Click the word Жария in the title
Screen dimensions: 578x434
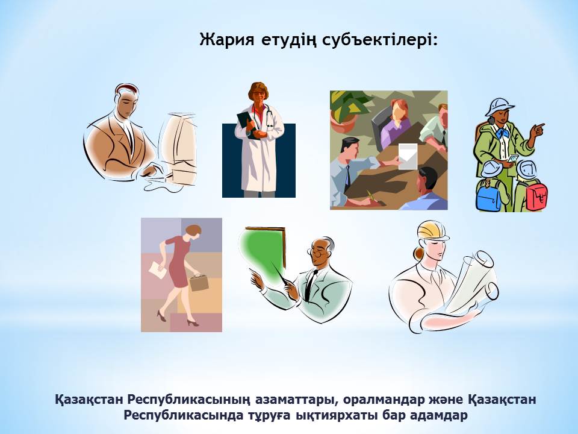point(227,39)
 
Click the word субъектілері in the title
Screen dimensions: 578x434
point(380,40)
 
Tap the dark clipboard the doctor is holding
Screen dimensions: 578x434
point(246,124)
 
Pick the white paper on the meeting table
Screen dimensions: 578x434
point(408,157)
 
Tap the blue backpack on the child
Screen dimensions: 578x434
point(488,195)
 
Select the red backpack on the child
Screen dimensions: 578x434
point(536,195)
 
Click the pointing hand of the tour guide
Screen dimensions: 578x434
point(538,129)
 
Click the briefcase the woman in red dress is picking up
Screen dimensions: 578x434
point(199,281)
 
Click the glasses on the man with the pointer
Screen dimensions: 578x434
point(319,253)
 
